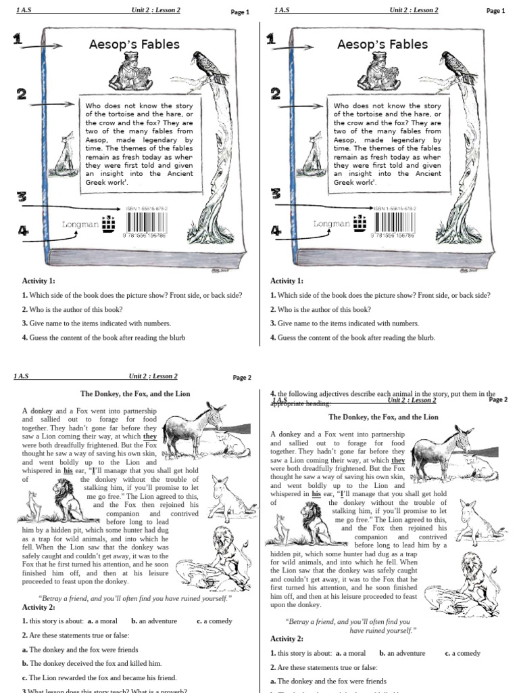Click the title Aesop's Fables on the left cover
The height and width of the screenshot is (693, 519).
(x=134, y=45)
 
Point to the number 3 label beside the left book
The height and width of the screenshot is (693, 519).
(x=22, y=197)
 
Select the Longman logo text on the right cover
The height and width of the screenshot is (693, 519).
(x=330, y=223)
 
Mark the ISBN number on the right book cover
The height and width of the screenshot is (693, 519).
(x=395, y=208)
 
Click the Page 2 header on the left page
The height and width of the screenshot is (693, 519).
(x=241, y=378)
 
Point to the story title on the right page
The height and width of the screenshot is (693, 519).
(x=382, y=417)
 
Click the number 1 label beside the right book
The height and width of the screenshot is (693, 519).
(x=270, y=40)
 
